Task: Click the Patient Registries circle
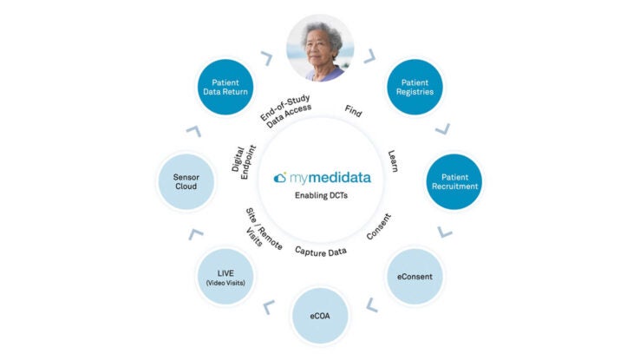pos(415,87)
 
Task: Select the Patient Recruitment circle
pos(454,181)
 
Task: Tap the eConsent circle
pos(415,277)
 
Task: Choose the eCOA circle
pos(320,316)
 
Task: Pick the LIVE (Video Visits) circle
pos(225,277)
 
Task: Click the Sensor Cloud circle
pos(186,181)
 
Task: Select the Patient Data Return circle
pos(225,87)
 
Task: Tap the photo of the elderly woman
pos(320,49)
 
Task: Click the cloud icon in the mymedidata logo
pos(280,178)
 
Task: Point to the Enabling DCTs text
pos(321,195)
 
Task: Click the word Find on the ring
pos(354,111)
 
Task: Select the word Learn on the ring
pos(393,160)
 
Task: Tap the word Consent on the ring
pos(379,226)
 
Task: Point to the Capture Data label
pos(321,252)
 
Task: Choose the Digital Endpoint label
pos(244,162)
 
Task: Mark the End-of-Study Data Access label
pos(286,111)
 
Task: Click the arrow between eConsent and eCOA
pos(371,305)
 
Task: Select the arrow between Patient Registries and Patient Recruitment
pos(443,129)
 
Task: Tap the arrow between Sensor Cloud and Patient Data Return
pos(194,131)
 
